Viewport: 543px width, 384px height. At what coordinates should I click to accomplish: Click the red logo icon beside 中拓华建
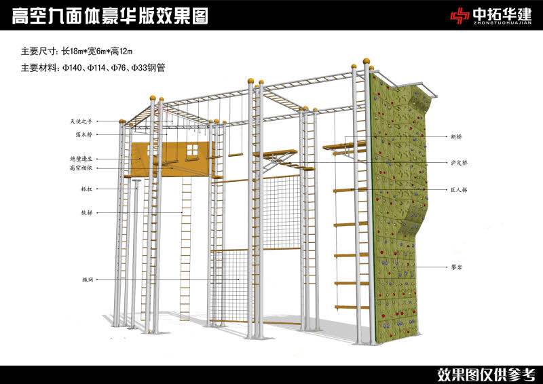(462, 15)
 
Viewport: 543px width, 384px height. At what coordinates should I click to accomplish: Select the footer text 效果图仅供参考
(486, 373)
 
